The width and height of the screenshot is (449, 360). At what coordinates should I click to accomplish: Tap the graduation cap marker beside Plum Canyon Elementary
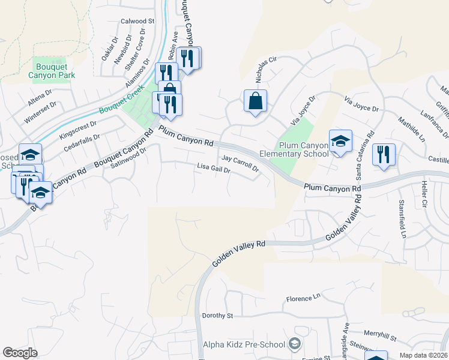[340, 142]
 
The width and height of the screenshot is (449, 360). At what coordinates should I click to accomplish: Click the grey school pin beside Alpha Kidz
[294, 344]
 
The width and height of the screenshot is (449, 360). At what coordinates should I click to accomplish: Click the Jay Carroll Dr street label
[240, 163]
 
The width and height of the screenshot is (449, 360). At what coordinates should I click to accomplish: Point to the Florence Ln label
[303, 298]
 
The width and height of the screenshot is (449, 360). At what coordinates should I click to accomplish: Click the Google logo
[20, 352]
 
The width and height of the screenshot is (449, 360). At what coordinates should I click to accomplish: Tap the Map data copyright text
[423, 355]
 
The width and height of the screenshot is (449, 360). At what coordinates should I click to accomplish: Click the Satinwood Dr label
[129, 159]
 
